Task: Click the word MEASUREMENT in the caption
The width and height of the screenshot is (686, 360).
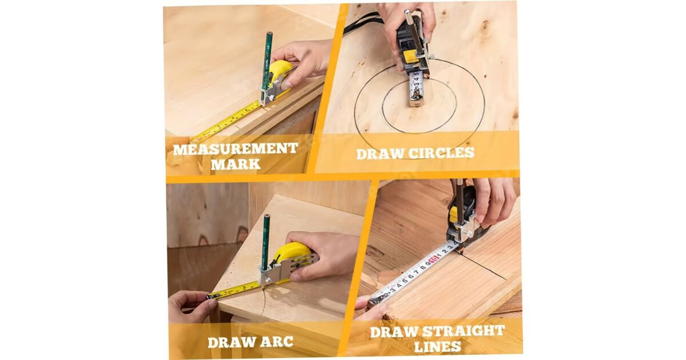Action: (x=235, y=149)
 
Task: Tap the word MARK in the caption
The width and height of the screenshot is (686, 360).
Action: (x=236, y=165)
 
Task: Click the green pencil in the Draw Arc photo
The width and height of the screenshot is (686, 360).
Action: (x=266, y=242)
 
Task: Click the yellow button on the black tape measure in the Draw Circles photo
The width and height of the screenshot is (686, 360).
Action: (x=410, y=55)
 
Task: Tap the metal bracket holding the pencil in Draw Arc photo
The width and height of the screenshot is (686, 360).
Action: (x=276, y=273)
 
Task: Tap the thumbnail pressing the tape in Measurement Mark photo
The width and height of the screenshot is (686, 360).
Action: (x=286, y=85)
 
